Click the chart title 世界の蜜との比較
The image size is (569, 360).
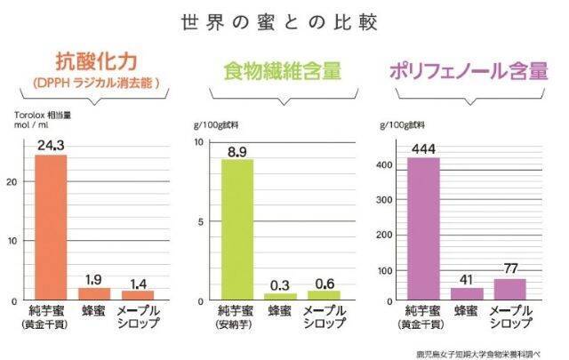coord(284,21)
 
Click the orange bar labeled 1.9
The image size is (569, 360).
coord(93,293)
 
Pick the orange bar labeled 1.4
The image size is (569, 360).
coord(138,294)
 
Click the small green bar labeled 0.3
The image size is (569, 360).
coord(280,296)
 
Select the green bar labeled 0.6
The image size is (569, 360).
coord(325,294)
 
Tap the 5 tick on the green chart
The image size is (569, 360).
coord(202,220)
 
